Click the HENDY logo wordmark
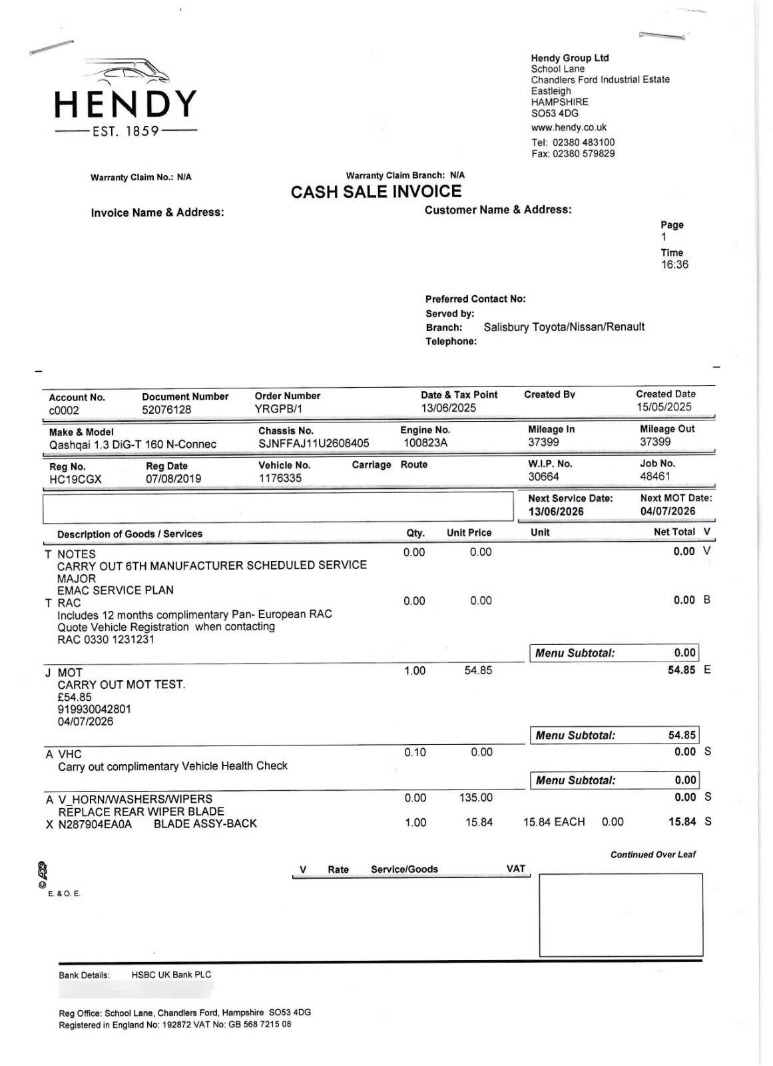(x=125, y=104)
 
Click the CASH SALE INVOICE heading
(x=376, y=192)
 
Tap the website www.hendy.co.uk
(x=569, y=127)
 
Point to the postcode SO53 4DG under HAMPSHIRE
(x=555, y=113)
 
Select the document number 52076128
(x=166, y=410)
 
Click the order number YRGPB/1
(x=278, y=409)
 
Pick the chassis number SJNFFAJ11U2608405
(x=314, y=443)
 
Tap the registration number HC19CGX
(x=75, y=479)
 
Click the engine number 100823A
(x=425, y=442)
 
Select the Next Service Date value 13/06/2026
(x=556, y=511)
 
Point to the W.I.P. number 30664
(x=543, y=476)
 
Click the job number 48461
(x=655, y=476)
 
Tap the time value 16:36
(x=674, y=265)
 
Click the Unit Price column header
(x=469, y=533)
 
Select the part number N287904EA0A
(x=95, y=824)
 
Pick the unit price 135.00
(x=476, y=798)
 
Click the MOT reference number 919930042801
(x=95, y=709)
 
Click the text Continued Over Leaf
(x=652, y=855)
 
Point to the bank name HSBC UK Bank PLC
(x=171, y=975)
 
